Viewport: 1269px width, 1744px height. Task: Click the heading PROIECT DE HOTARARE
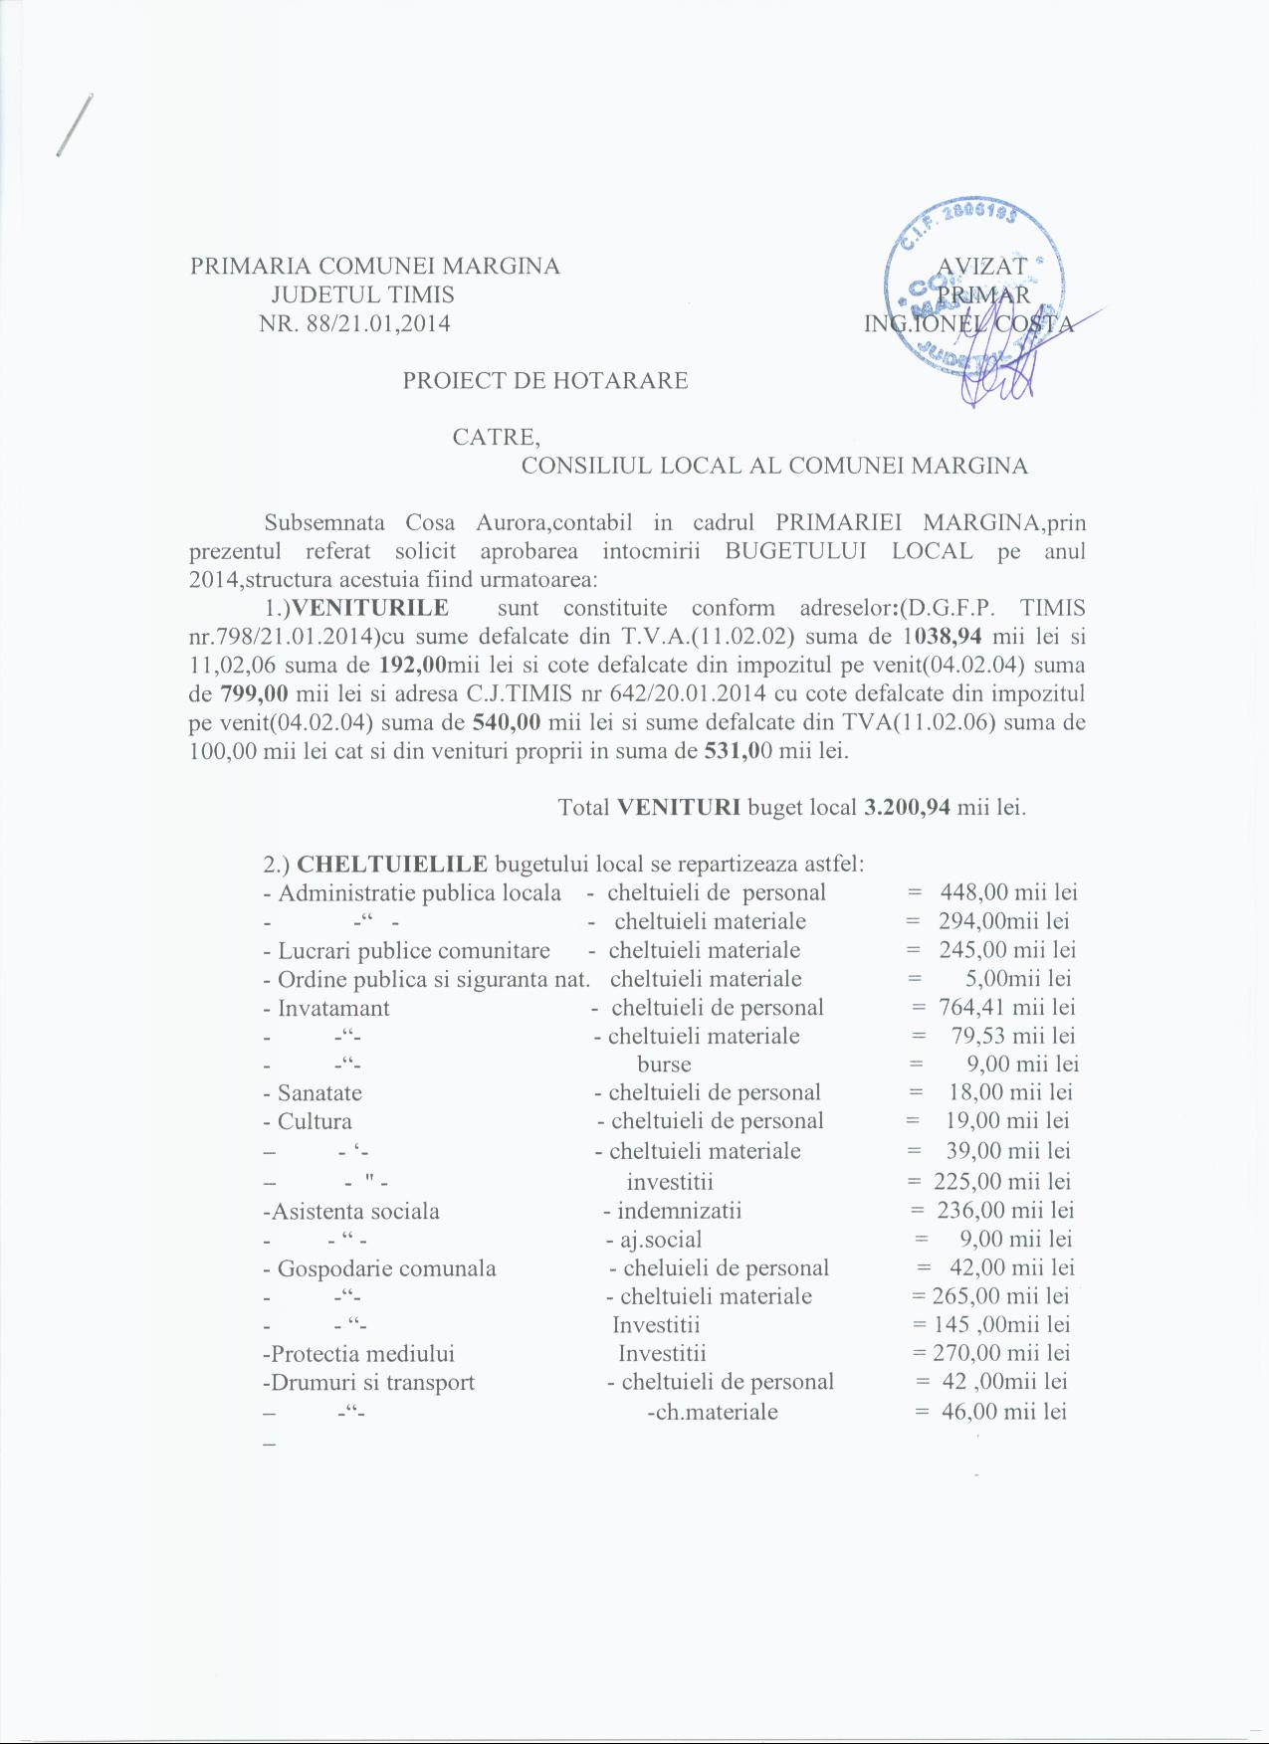544,380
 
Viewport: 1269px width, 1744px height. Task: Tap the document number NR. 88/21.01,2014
354,323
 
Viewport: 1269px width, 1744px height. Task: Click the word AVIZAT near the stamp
981,267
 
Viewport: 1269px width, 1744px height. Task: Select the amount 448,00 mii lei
1008,892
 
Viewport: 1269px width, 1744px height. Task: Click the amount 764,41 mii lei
1006,1007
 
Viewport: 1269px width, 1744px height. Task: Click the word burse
664,1064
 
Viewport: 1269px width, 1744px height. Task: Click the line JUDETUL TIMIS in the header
362,294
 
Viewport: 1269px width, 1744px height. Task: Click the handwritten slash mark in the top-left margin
75,125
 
